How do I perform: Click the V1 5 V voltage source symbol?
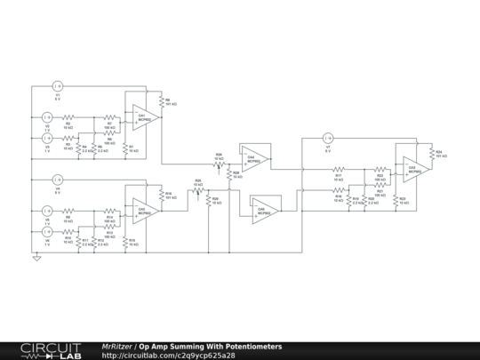click(x=58, y=86)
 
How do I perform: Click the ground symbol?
click(x=37, y=259)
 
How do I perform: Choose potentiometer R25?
click(x=198, y=190)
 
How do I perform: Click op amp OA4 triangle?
click(x=256, y=157)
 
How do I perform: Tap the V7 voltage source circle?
click(x=327, y=138)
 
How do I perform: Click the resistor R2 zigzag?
click(x=68, y=116)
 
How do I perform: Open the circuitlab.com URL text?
click(x=168, y=356)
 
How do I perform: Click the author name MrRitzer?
click(x=118, y=346)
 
